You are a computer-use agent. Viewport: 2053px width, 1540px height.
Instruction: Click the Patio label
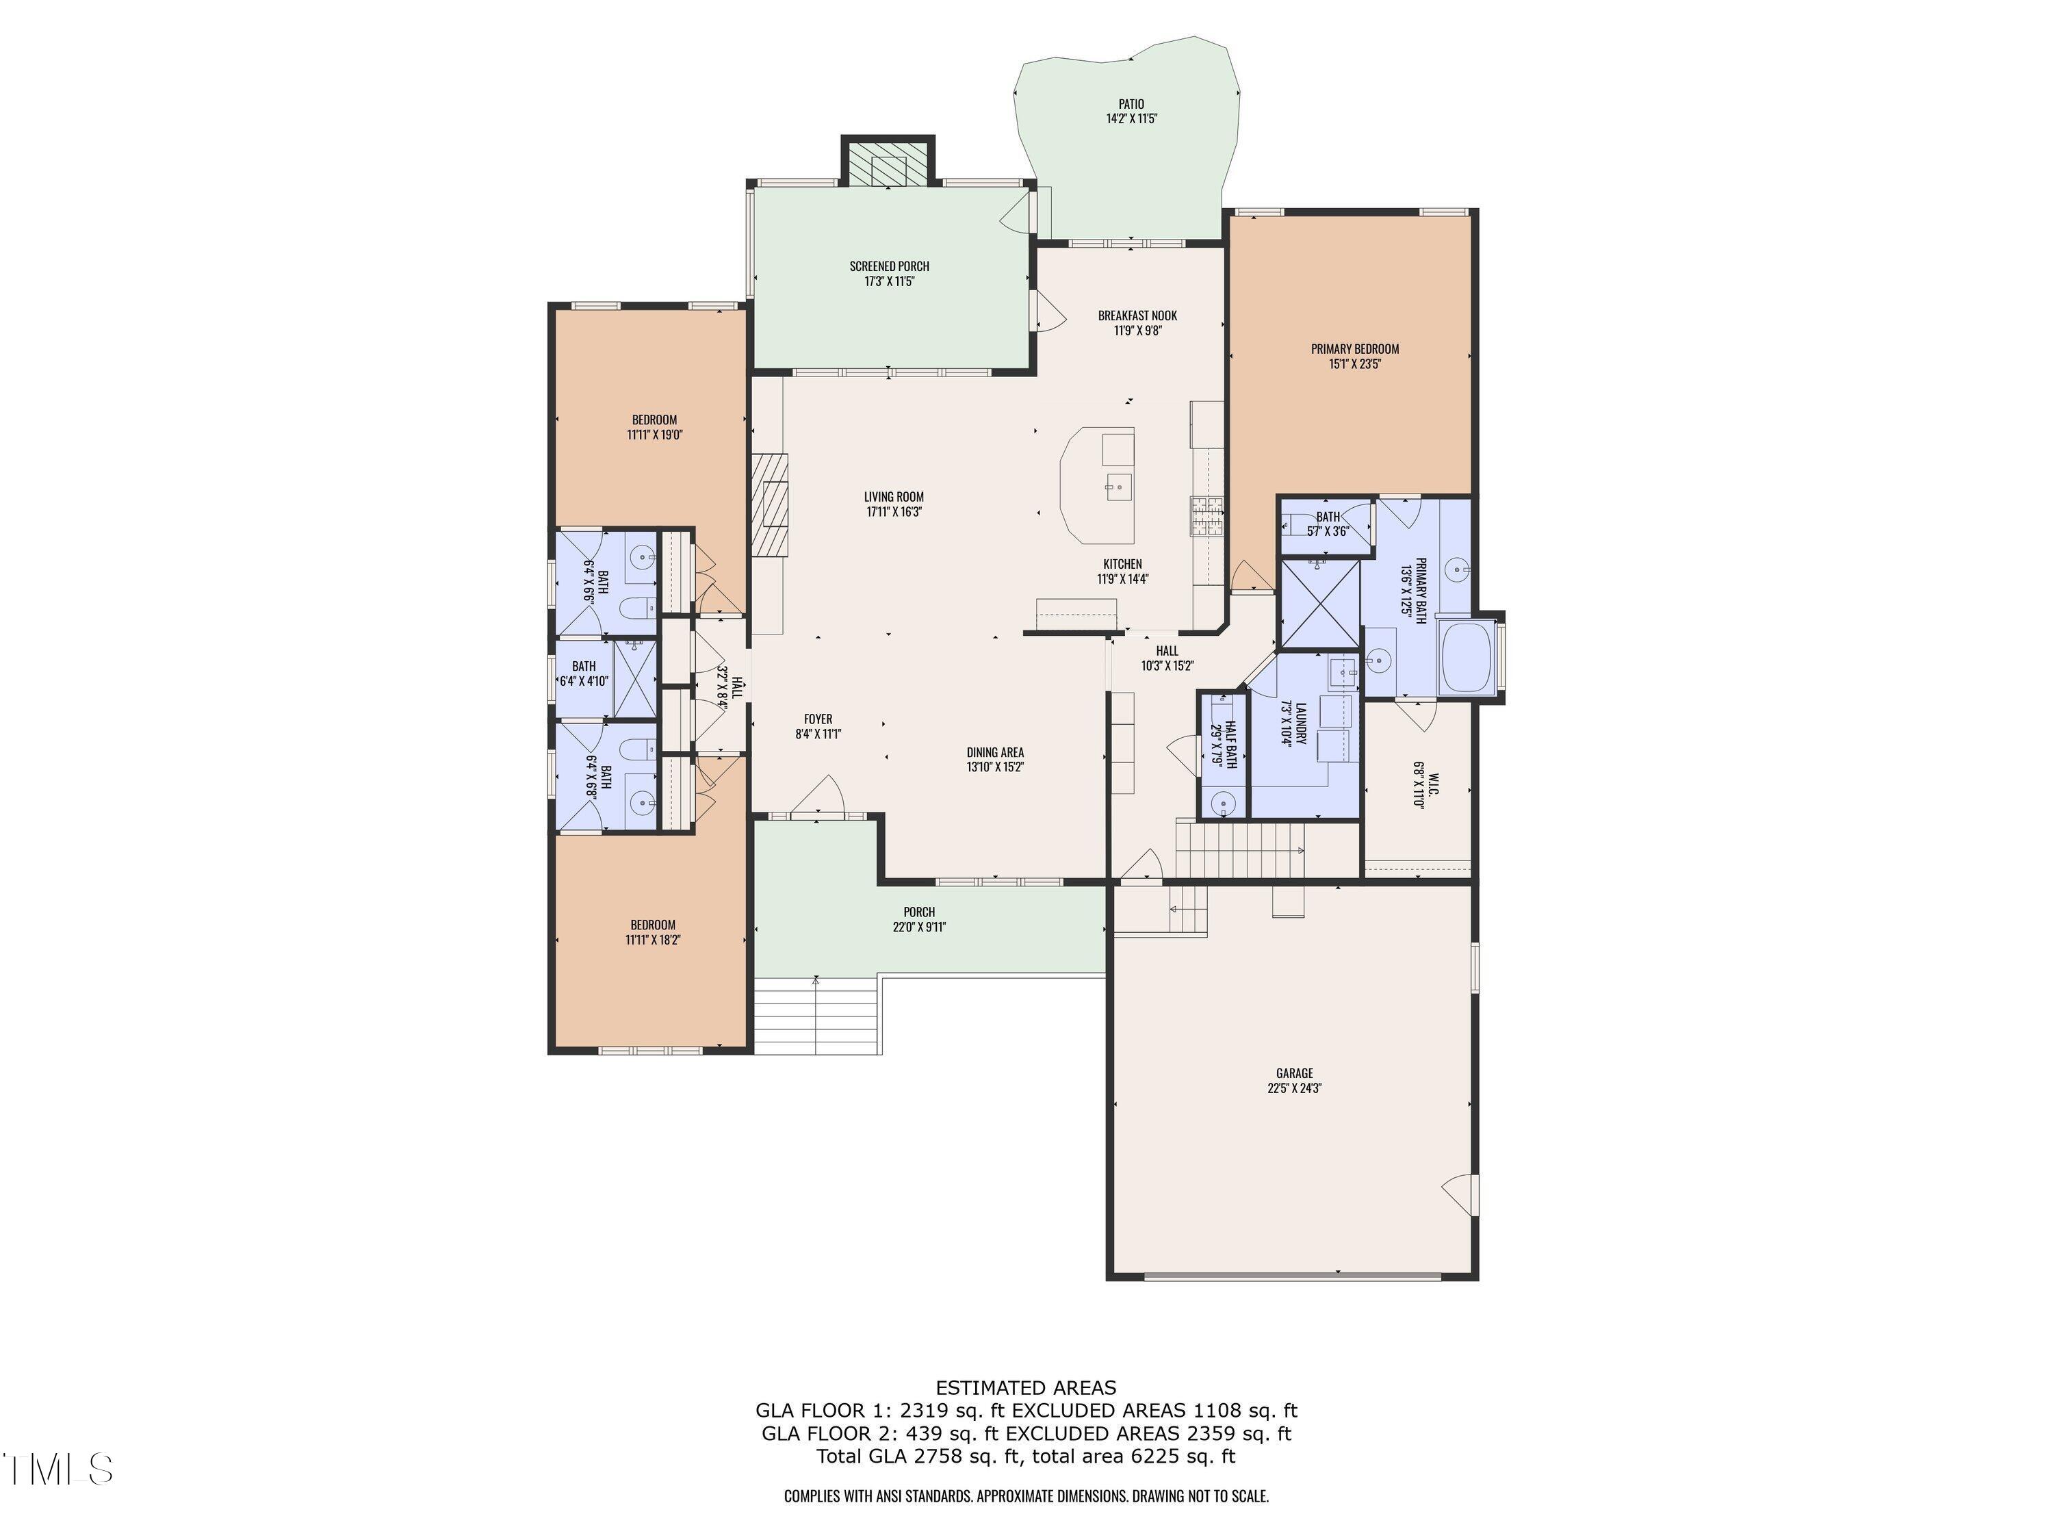(1131, 104)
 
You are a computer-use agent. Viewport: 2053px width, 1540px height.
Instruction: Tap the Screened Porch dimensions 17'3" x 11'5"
(889, 281)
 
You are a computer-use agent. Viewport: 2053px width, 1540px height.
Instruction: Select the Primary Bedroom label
(1354, 349)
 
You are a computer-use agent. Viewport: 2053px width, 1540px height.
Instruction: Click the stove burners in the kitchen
(1206, 516)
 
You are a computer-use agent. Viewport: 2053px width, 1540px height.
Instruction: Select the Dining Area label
(995, 752)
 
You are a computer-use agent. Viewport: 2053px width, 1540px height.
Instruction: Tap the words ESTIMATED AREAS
(1026, 1388)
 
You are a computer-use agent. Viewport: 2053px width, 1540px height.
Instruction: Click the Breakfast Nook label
(1137, 316)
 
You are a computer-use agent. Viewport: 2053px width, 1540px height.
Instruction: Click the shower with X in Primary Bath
(1319, 604)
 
